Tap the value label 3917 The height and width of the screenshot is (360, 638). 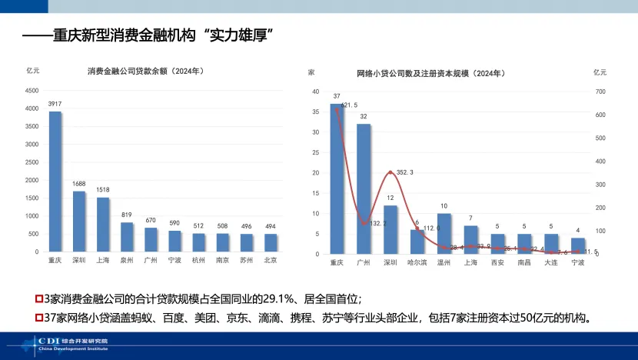pyautogui.click(x=55, y=104)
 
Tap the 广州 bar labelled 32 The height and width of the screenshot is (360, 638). pyautogui.click(x=364, y=188)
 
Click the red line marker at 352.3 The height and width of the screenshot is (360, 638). pyautogui.click(x=390, y=172)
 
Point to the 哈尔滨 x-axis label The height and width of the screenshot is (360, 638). pyautogui.click(x=417, y=262)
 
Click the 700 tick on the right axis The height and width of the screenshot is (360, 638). pyautogui.click(x=600, y=92)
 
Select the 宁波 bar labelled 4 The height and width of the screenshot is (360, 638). pyautogui.click(x=578, y=246)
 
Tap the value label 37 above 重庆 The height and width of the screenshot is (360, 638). pyautogui.click(x=337, y=96)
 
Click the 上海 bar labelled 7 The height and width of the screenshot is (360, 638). pyautogui.click(x=471, y=240)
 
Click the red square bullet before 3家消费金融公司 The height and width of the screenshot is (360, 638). pyautogui.click(x=40, y=298)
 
